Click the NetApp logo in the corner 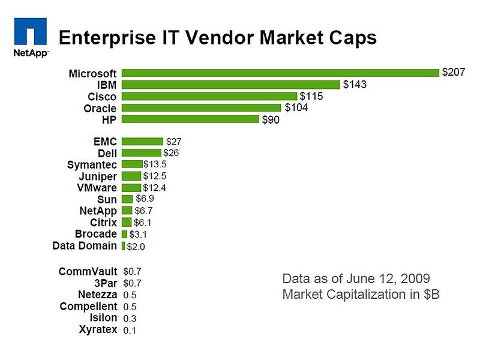click(x=30, y=36)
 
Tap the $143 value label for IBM click(x=355, y=85)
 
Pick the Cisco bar click(x=209, y=96)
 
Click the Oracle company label click(x=100, y=108)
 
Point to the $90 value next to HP click(x=271, y=119)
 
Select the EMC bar click(x=142, y=142)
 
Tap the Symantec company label click(x=92, y=164)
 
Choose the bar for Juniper click(x=131, y=176)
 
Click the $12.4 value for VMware click(x=154, y=188)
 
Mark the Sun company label click(x=107, y=199)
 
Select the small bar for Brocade click(x=124, y=234)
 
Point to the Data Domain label click(x=85, y=245)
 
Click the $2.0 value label click(x=136, y=246)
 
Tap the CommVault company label click(x=88, y=271)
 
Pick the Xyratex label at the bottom click(x=98, y=329)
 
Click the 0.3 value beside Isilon click(x=129, y=318)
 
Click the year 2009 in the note click(x=413, y=279)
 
